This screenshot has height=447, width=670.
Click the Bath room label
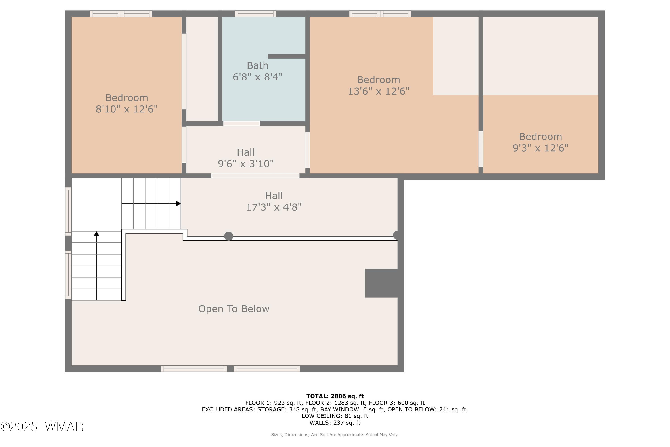click(x=258, y=65)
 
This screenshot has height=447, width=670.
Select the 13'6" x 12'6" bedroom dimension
click(x=379, y=91)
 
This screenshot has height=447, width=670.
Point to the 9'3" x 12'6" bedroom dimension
click(x=540, y=148)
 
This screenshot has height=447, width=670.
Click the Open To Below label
click(x=234, y=309)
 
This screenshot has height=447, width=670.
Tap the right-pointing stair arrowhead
click(x=178, y=204)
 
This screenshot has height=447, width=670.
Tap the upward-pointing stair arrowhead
click(x=96, y=234)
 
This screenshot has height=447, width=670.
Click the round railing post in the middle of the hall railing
click(x=228, y=236)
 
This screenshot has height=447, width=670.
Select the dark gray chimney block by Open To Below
click(x=381, y=283)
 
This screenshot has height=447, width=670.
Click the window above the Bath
click(x=255, y=13)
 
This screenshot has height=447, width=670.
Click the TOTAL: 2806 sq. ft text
click(x=335, y=396)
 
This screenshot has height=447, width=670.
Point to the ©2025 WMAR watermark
click(x=42, y=427)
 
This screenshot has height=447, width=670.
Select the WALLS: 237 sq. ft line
click(x=335, y=423)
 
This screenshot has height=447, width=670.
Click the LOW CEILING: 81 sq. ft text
click(x=335, y=416)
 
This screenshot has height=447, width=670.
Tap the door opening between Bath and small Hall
click(x=241, y=123)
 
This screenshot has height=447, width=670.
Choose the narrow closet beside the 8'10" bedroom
click(x=202, y=69)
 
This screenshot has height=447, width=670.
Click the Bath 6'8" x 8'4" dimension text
click(x=258, y=77)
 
